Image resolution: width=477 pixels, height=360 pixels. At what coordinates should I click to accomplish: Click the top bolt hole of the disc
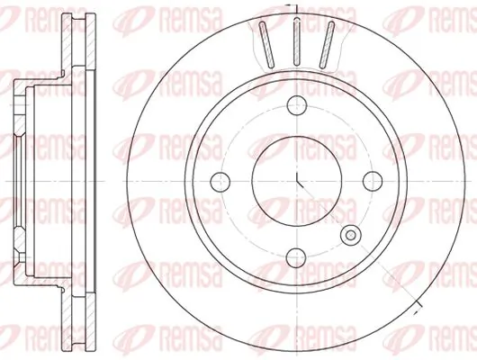click(297, 105)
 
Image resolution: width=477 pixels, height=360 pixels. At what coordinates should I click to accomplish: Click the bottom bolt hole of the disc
click(296, 257)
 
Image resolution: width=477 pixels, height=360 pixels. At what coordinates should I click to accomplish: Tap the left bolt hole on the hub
click(220, 182)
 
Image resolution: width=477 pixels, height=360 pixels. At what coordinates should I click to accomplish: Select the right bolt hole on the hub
click(373, 182)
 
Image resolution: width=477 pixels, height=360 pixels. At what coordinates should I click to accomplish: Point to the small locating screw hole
click(351, 235)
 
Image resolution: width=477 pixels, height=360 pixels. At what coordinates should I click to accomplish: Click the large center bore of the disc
click(297, 182)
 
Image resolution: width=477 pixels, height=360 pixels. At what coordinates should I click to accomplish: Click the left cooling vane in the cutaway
click(266, 44)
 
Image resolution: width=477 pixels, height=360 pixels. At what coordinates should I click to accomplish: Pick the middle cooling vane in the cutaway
click(297, 41)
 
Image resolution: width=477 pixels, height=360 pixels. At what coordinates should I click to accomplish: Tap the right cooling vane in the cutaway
click(327, 44)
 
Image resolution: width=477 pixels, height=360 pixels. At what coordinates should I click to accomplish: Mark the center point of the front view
click(297, 182)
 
